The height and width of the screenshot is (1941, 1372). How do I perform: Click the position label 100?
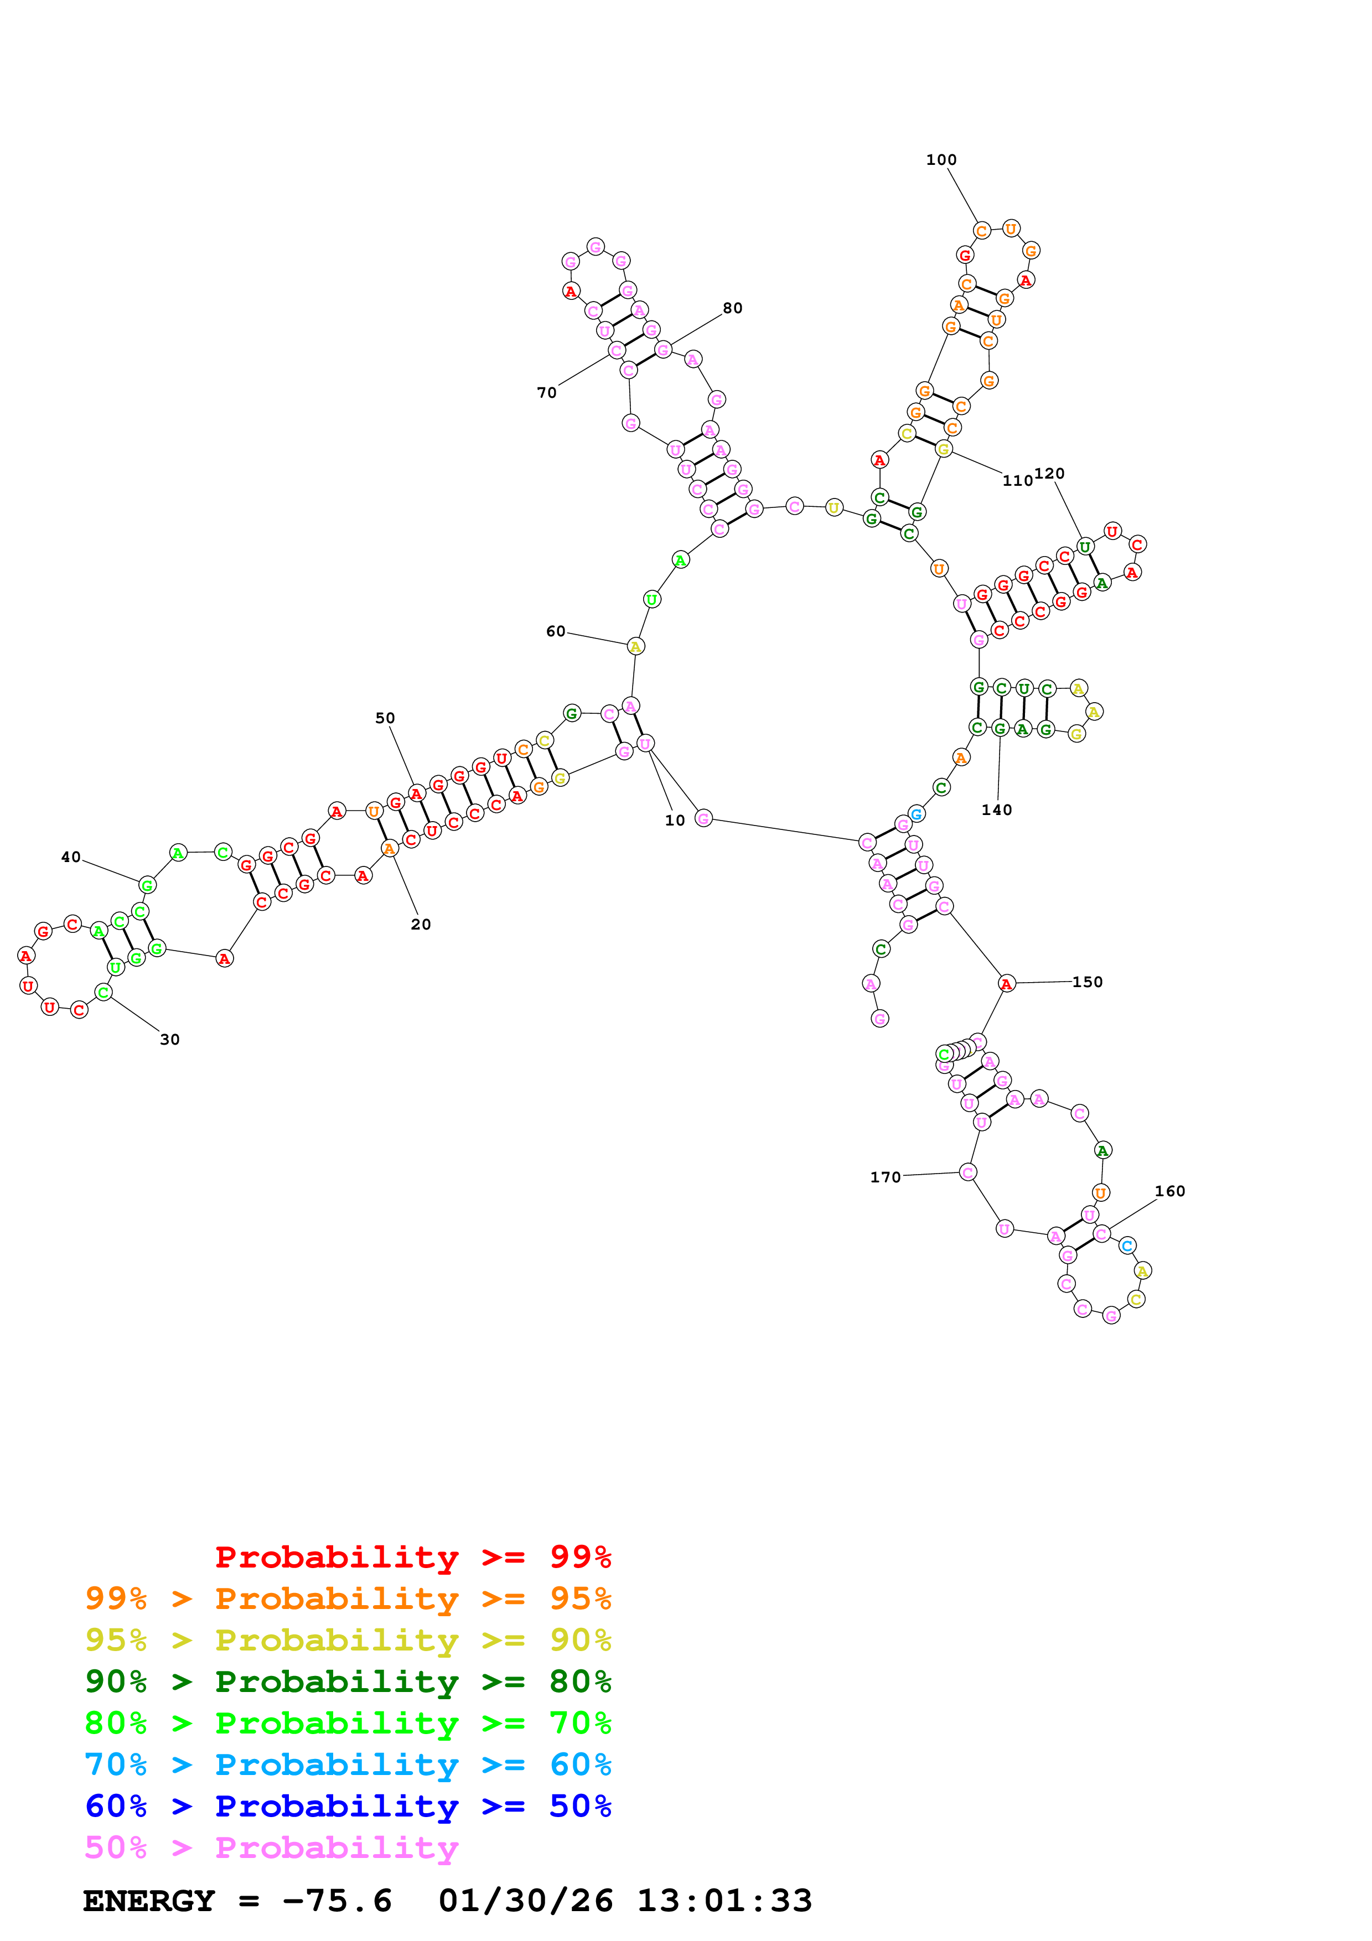[941, 160]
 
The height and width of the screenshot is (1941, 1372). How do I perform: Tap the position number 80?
[732, 308]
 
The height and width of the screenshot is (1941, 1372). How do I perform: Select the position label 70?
[547, 392]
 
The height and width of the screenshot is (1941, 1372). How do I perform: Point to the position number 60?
[556, 631]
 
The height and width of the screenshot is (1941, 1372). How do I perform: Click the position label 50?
[385, 718]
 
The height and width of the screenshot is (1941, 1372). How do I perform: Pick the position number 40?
[71, 857]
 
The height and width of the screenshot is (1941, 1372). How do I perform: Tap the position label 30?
[170, 1040]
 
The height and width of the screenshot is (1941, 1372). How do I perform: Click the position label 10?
[675, 820]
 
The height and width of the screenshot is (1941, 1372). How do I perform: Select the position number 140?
[997, 810]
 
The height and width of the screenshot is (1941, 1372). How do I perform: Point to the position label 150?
[1087, 982]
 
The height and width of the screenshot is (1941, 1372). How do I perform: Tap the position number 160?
[1170, 1191]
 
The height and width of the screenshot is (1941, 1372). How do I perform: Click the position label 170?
[885, 1177]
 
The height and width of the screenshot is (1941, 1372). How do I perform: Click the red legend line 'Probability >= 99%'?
[412, 1557]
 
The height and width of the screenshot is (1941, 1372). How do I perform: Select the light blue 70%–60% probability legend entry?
[348, 1764]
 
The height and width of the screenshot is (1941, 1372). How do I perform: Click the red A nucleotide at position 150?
[1006, 983]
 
